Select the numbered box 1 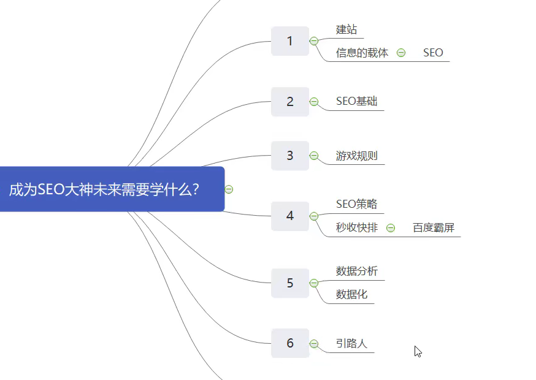(290, 41)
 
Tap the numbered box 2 (290, 102)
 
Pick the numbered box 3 (290, 156)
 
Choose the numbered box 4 (290, 216)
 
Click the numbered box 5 (290, 283)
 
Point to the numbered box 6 (290, 343)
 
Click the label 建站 (346, 29)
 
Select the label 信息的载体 (362, 53)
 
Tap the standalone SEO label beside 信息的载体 (433, 53)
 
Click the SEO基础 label (357, 101)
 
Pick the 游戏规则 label (357, 156)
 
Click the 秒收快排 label (357, 228)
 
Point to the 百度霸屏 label (434, 228)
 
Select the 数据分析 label (357, 271)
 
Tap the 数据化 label (351, 294)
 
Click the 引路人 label (351, 343)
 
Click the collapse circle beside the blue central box (229, 189)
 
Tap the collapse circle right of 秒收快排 (391, 228)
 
